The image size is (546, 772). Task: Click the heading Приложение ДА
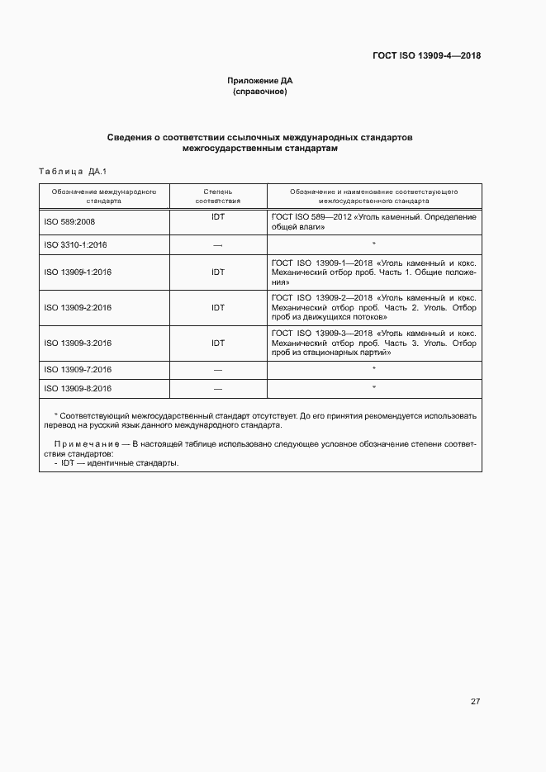click(x=260, y=81)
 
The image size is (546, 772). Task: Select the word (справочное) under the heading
click(x=260, y=92)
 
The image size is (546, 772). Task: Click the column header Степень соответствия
click(x=218, y=196)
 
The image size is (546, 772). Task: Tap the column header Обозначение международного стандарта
click(x=104, y=196)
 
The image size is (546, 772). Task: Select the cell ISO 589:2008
click(x=69, y=222)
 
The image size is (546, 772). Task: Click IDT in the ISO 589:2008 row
click(x=218, y=217)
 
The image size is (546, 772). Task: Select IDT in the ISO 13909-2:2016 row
click(x=218, y=308)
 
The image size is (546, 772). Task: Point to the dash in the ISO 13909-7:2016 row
click(x=218, y=369)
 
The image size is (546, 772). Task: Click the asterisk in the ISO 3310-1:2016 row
click(x=374, y=244)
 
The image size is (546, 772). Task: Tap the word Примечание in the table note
click(x=80, y=444)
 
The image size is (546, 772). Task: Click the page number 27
click(x=475, y=702)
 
